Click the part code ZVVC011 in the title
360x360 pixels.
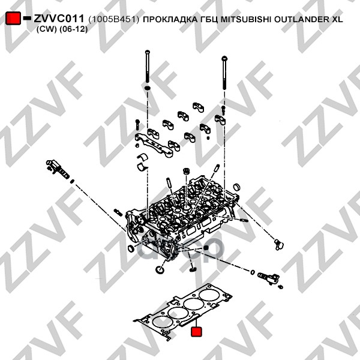coord(59,19)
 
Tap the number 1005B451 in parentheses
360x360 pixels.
coord(113,19)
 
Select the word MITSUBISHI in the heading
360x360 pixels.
coord(246,19)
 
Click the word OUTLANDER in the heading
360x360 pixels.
coord(302,19)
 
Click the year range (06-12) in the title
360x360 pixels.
coord(73,29)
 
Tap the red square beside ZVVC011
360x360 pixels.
coord(13,18)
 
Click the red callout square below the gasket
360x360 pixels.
coord(196,332)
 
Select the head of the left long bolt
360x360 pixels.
coord(148,52)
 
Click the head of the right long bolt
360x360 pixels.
coord(224,58)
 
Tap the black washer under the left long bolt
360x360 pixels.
coord(148,88)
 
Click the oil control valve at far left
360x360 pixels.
coord(57,170)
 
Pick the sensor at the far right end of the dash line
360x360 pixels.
coord(279,244)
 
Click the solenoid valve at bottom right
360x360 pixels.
coord(268,277)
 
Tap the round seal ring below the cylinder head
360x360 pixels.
coord(160,269)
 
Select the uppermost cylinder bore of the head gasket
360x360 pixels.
coord(209,295)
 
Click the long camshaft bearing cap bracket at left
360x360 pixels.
coord(154,145)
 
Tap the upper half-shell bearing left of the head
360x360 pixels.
coord(142,157)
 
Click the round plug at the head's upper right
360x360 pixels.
coord(236,187)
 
